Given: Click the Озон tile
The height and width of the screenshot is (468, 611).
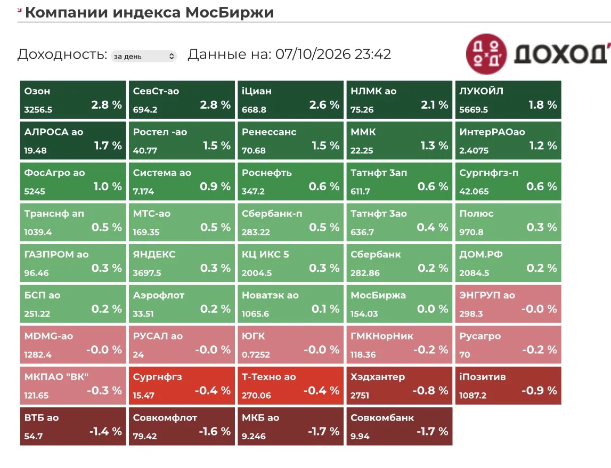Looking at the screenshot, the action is [x=73, y=100].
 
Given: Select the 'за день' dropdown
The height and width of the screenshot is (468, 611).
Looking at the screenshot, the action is [x=144, y=56].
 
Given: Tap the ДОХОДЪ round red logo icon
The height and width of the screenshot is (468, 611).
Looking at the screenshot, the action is [x=486, y=54].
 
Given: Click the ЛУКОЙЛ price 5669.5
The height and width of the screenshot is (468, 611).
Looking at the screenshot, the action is [x=474, y=110].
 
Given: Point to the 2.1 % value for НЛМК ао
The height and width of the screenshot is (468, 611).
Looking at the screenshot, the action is [x=434, y=104].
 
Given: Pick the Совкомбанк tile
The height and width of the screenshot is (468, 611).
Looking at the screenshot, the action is [x=400, y=426].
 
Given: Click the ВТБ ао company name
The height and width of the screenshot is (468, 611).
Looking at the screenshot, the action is [x=42, y=418].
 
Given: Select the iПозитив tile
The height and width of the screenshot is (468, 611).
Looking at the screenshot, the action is [x=508, y=385].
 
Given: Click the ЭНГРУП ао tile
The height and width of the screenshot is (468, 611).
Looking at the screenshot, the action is [x=508, y=304].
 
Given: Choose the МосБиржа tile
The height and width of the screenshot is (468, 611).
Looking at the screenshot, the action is [x=400, y=304].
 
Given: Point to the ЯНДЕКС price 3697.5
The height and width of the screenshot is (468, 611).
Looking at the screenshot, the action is [x=147, y=273].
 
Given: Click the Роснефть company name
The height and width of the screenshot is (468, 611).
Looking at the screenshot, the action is [x=266, y=173].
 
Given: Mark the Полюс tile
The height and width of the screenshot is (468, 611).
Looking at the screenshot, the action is [x=508, y=222].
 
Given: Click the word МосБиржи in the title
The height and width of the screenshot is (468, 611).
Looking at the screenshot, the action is [x=230, y=12].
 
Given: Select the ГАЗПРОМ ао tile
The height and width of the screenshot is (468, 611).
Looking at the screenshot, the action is [x=73, y=263].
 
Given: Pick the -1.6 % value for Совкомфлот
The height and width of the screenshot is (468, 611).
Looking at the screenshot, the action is [x=215, y=431].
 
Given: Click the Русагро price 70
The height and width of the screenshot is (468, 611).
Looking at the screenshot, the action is [x=465, y=354].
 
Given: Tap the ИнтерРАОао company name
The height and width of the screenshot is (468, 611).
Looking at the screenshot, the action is [x=492, y=132].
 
